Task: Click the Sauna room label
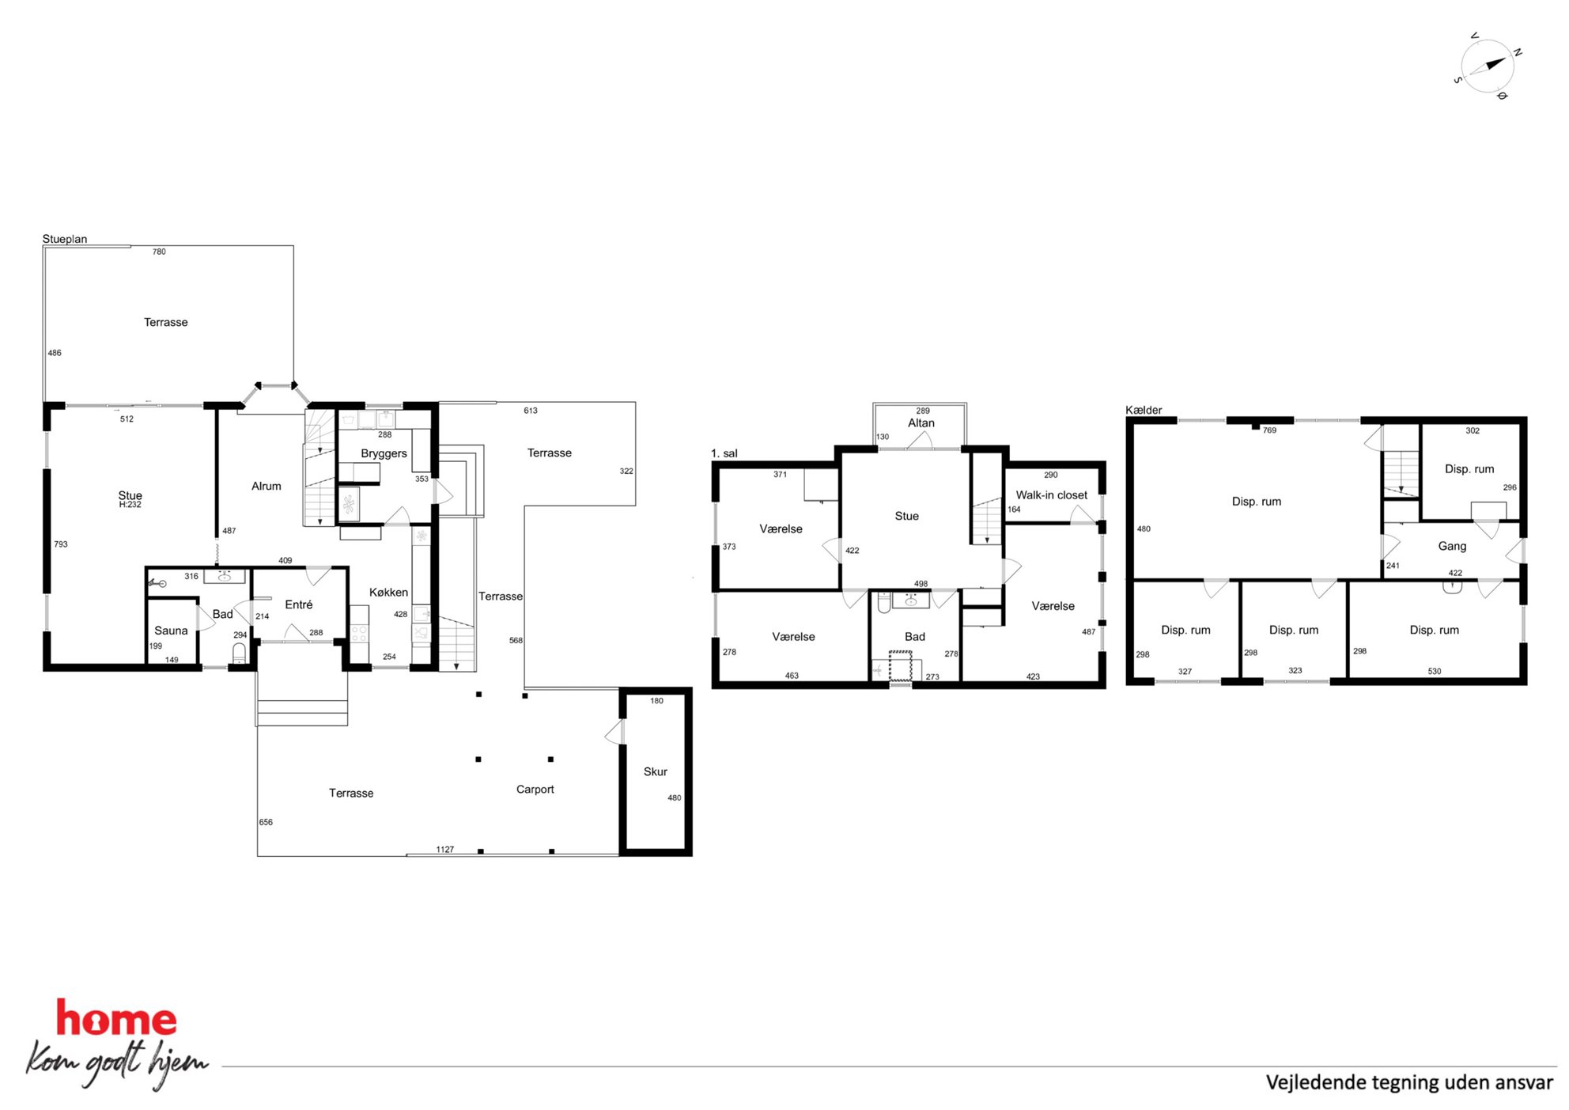(171, 631)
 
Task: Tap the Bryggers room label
(384, 453)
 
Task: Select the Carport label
(535, 790)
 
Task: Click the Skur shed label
(655, 771)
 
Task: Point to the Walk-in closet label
(1051, 495)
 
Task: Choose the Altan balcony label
(921, 423)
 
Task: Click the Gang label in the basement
(1452, 546)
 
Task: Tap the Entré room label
(298, 604)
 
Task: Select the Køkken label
(388, 593)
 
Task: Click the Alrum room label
(266, 487)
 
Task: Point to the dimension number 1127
(445, 850)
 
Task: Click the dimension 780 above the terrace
(159, 252)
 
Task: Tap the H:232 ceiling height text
(130, 505)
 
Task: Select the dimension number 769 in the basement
(1269, 430)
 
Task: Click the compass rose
(1487, 66)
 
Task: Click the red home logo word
(115, 1018)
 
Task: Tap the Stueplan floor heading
(65, 239)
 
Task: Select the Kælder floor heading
(1144, 410)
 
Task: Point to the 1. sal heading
(724, 453)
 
